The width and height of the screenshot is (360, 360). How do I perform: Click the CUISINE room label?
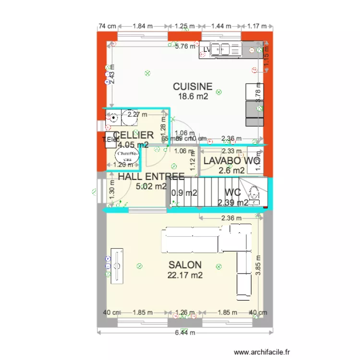click(192, 86)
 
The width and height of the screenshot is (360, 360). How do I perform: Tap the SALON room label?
click(185, 265)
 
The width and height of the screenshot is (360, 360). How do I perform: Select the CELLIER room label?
click(133, 135)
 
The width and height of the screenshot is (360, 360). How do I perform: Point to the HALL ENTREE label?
click(151, 177)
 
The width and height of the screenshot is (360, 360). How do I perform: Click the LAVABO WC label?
click(231, 161)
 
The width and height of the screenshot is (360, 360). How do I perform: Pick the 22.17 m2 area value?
click(185, 276)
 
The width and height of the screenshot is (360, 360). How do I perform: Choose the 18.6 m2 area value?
click(193, 96)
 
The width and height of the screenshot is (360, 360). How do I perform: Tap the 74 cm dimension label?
click(108, 26)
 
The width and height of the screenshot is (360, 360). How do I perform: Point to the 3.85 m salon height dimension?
click(258, 264)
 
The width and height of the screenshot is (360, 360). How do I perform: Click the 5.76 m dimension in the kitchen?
click(185, 47)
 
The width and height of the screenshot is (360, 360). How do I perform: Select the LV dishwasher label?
click(207, 49)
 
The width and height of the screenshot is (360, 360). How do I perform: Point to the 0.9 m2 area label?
click(184, 193)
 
